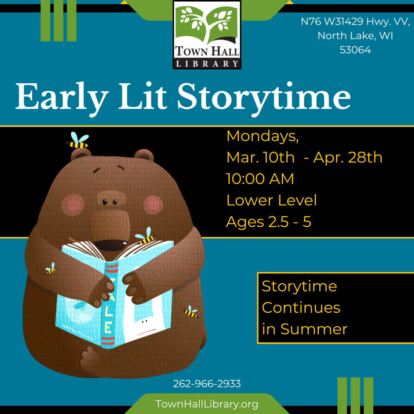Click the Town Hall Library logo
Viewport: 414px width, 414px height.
point(207,35)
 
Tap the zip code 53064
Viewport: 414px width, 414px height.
point(355,50)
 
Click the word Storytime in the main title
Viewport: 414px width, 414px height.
point(264,98)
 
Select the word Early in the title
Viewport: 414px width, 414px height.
point(62,98)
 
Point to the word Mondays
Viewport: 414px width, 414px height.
point(263,136)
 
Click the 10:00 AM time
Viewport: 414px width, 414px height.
point(260,179)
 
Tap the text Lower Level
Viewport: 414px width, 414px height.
point(271,200)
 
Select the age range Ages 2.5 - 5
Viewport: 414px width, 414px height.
point(269,222)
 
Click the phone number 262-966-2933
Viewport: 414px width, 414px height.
point(207,384)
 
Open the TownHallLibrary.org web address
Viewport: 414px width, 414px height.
point(207,404)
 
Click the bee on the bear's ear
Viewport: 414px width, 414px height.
point(78,141)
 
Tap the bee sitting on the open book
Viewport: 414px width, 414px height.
point(146,236)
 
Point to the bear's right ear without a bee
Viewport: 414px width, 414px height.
point(143,156)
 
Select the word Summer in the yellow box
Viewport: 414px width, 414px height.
point(314,329)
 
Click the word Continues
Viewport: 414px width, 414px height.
point(301,308)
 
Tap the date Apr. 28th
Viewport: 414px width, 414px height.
point(348,158)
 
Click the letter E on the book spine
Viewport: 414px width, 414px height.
point(108,328)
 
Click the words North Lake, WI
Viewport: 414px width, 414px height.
point(355,36)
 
